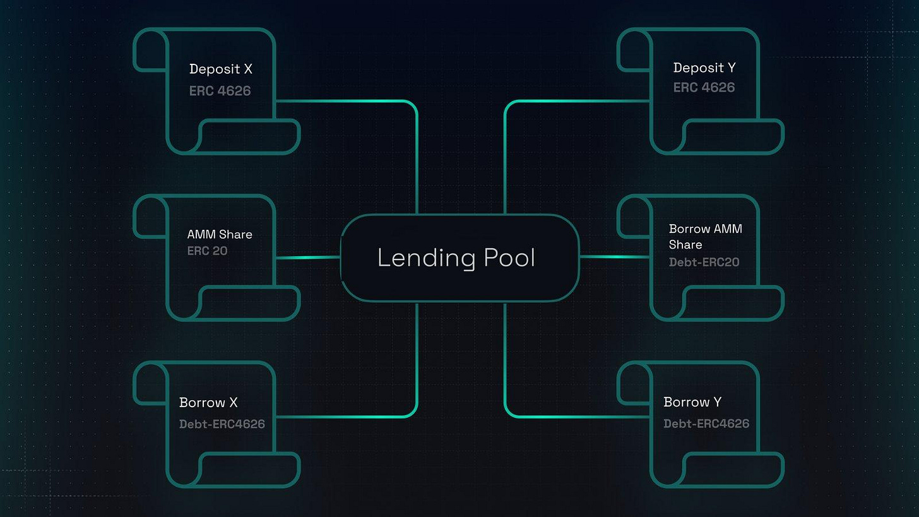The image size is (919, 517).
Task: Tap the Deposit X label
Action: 220,69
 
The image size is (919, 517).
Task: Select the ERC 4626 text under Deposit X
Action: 220,91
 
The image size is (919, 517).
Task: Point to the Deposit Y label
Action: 704,68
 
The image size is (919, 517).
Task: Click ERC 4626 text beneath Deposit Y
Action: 704,88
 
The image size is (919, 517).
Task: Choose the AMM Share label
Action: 220,234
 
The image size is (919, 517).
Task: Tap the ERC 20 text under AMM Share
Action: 207,251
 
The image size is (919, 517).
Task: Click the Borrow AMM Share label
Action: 705,236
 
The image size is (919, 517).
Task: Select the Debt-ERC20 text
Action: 704,262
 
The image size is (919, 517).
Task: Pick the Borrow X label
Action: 208,403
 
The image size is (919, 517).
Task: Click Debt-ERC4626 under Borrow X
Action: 222,424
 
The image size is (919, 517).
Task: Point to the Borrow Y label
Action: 692,402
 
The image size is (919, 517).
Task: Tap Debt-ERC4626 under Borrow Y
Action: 706,424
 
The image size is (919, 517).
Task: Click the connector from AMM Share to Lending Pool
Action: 307,257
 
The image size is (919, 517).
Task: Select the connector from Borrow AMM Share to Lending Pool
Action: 614,257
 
